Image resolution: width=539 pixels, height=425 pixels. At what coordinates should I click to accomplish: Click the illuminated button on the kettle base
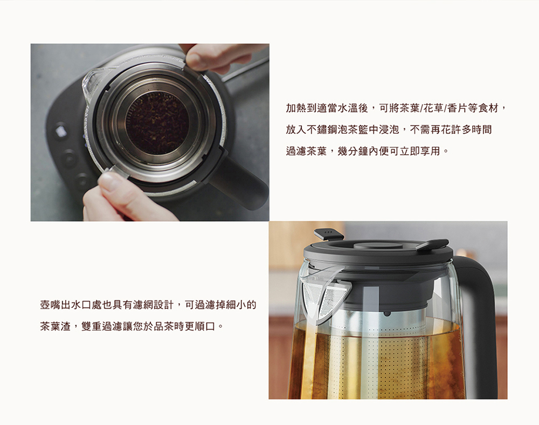pos(60,132)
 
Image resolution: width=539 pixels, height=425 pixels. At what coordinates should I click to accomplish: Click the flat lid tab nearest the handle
pos(432,244)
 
